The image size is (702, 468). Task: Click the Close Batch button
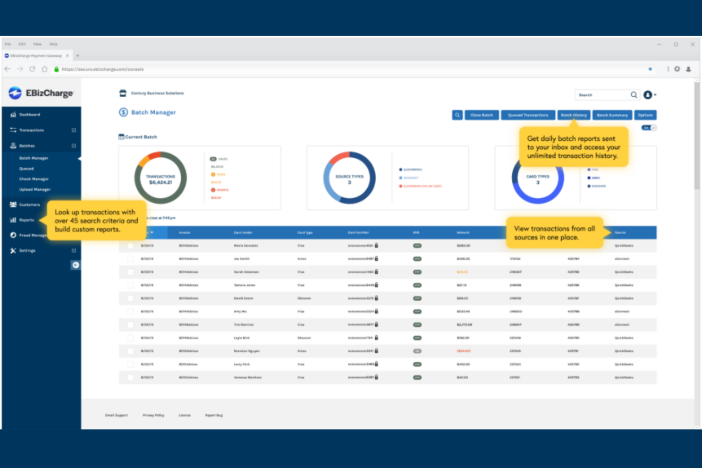[481, 115]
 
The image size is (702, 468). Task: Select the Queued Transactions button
[528, 115]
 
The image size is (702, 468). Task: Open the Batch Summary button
[612, 115]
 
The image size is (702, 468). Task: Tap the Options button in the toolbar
[645, 115]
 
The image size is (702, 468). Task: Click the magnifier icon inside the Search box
[634, 95]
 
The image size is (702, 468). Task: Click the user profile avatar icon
[647, 95]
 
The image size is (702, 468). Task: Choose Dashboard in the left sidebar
[29, 115]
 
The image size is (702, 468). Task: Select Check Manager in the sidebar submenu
[34, 179]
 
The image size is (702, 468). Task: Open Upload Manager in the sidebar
[35, 190]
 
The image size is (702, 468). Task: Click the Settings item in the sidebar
[27, 251]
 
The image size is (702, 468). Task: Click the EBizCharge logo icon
[15, 93]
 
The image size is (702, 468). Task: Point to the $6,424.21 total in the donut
[160, 183]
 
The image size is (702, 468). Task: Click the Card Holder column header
[243, 233]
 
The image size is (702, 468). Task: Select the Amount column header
[463, 233]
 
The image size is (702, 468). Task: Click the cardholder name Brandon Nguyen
[247, 351]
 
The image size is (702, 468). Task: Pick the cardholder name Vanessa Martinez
[248, 378]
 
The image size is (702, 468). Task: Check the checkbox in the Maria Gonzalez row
[130, 246]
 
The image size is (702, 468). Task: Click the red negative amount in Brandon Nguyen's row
[463, 351]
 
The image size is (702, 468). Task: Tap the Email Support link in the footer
[116, 415]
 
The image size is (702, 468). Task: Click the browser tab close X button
[67, 56]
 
